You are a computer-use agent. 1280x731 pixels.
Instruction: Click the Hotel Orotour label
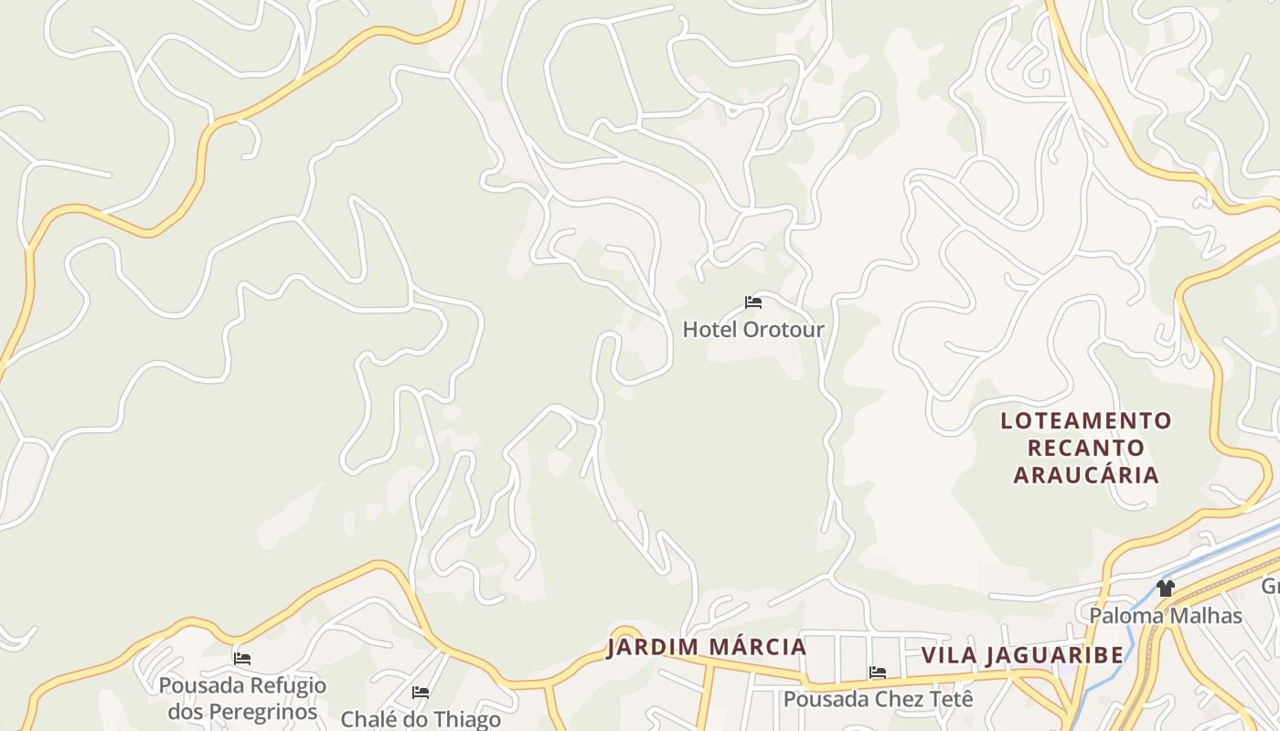(x=753, y=329)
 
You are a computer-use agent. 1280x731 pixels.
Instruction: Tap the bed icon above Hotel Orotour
(x=753, y=302)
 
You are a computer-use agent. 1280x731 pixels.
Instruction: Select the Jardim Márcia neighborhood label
(x=707, y=647)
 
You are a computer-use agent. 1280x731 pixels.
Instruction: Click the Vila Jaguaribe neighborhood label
(x=1022, y=655)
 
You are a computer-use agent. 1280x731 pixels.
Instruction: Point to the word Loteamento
(x=1086, y=420)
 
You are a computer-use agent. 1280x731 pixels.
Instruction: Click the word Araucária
(x=1086, y=475)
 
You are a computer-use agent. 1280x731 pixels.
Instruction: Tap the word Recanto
(x=1086, y=448)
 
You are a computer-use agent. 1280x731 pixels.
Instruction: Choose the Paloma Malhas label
(x=1165, y=615)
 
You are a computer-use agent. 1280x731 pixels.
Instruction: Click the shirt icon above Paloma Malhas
(x=1165, y=588)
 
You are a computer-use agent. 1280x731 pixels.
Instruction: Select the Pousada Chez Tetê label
(x=878, y=699)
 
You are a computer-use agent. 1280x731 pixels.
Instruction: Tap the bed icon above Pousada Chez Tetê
(x=878, y=673)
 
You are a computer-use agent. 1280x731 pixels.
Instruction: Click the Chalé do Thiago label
(x=421, y=719)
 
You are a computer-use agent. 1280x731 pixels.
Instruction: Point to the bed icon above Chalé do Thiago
(x=421, y=693)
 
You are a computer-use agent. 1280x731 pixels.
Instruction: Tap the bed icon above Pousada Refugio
(x=242, y=658)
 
